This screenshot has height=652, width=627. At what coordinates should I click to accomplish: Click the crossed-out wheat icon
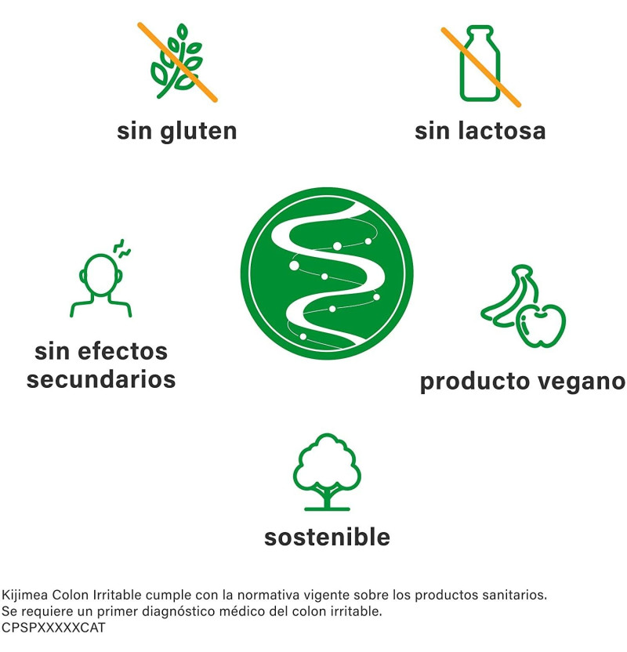pos(178,63)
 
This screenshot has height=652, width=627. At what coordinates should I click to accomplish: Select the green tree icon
pos(327,472)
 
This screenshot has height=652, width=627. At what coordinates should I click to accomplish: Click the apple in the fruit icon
pos(541,325)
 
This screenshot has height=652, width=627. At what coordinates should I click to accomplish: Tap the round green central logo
pos(327,273)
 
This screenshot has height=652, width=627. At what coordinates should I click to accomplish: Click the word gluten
pos(199,132)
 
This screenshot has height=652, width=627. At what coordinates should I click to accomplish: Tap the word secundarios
pos(101,379)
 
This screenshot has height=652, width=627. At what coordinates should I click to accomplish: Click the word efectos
pos(122,351)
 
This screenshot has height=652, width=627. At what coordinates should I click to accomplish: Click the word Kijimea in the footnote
pos(24,595)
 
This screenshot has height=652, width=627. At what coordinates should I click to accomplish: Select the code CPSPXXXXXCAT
pos(53,628)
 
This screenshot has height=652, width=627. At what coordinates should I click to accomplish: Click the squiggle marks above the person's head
pos(122,248)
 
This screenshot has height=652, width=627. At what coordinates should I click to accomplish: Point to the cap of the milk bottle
pos(480,30)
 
